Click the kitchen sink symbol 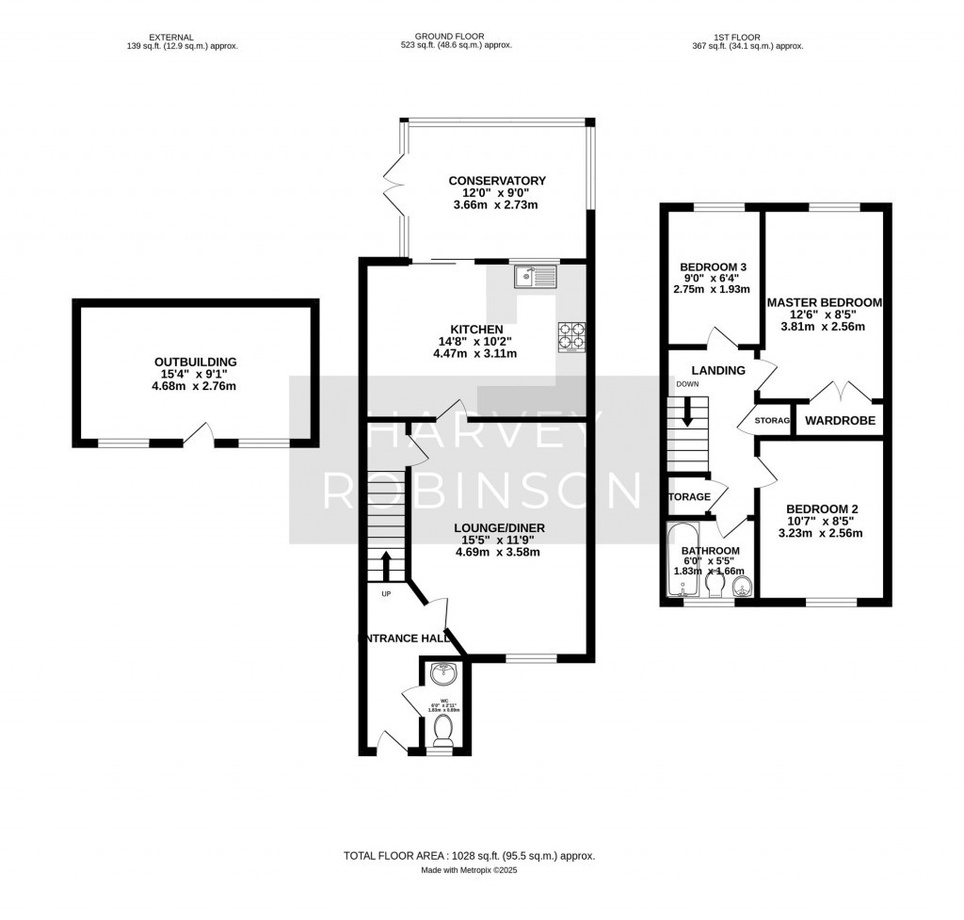536,277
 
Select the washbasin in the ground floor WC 442,674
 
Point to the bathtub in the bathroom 683,563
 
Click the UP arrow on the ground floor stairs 386,565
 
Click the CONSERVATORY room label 497,181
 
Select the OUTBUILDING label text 196,362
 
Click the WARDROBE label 840,420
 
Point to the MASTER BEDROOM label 824,302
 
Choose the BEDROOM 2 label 822,508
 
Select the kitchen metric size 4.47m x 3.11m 474,353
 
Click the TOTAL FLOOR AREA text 469,856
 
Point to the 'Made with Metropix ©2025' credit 469,871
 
